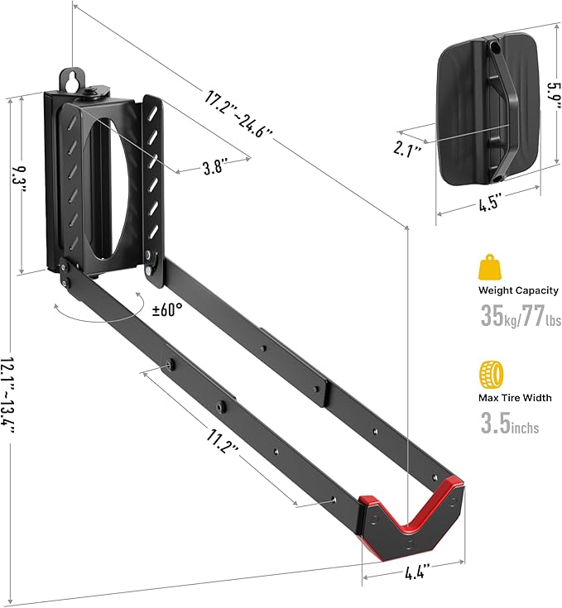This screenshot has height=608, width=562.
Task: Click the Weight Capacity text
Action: (518, 290)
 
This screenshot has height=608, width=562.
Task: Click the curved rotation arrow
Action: (99, 314)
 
